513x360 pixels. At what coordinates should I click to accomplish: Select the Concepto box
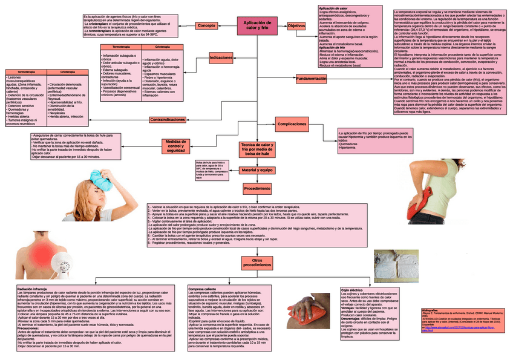pyautogui.click(x=207, y=25)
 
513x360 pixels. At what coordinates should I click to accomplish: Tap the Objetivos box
pyautogui.click(x=296, y=26)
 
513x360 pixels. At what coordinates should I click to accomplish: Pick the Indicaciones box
pyautogui.click(x=221, y=57)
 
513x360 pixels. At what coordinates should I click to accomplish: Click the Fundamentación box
pyautogui.click(x=312, y=79)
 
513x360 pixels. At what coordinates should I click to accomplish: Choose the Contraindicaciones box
pyautogui.click(x=168, y=119)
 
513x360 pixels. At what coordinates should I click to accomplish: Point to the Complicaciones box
pyautogui.click(x=292, y=123)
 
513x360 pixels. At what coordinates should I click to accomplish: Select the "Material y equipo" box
pyautogui.click(x=258, y=171)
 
